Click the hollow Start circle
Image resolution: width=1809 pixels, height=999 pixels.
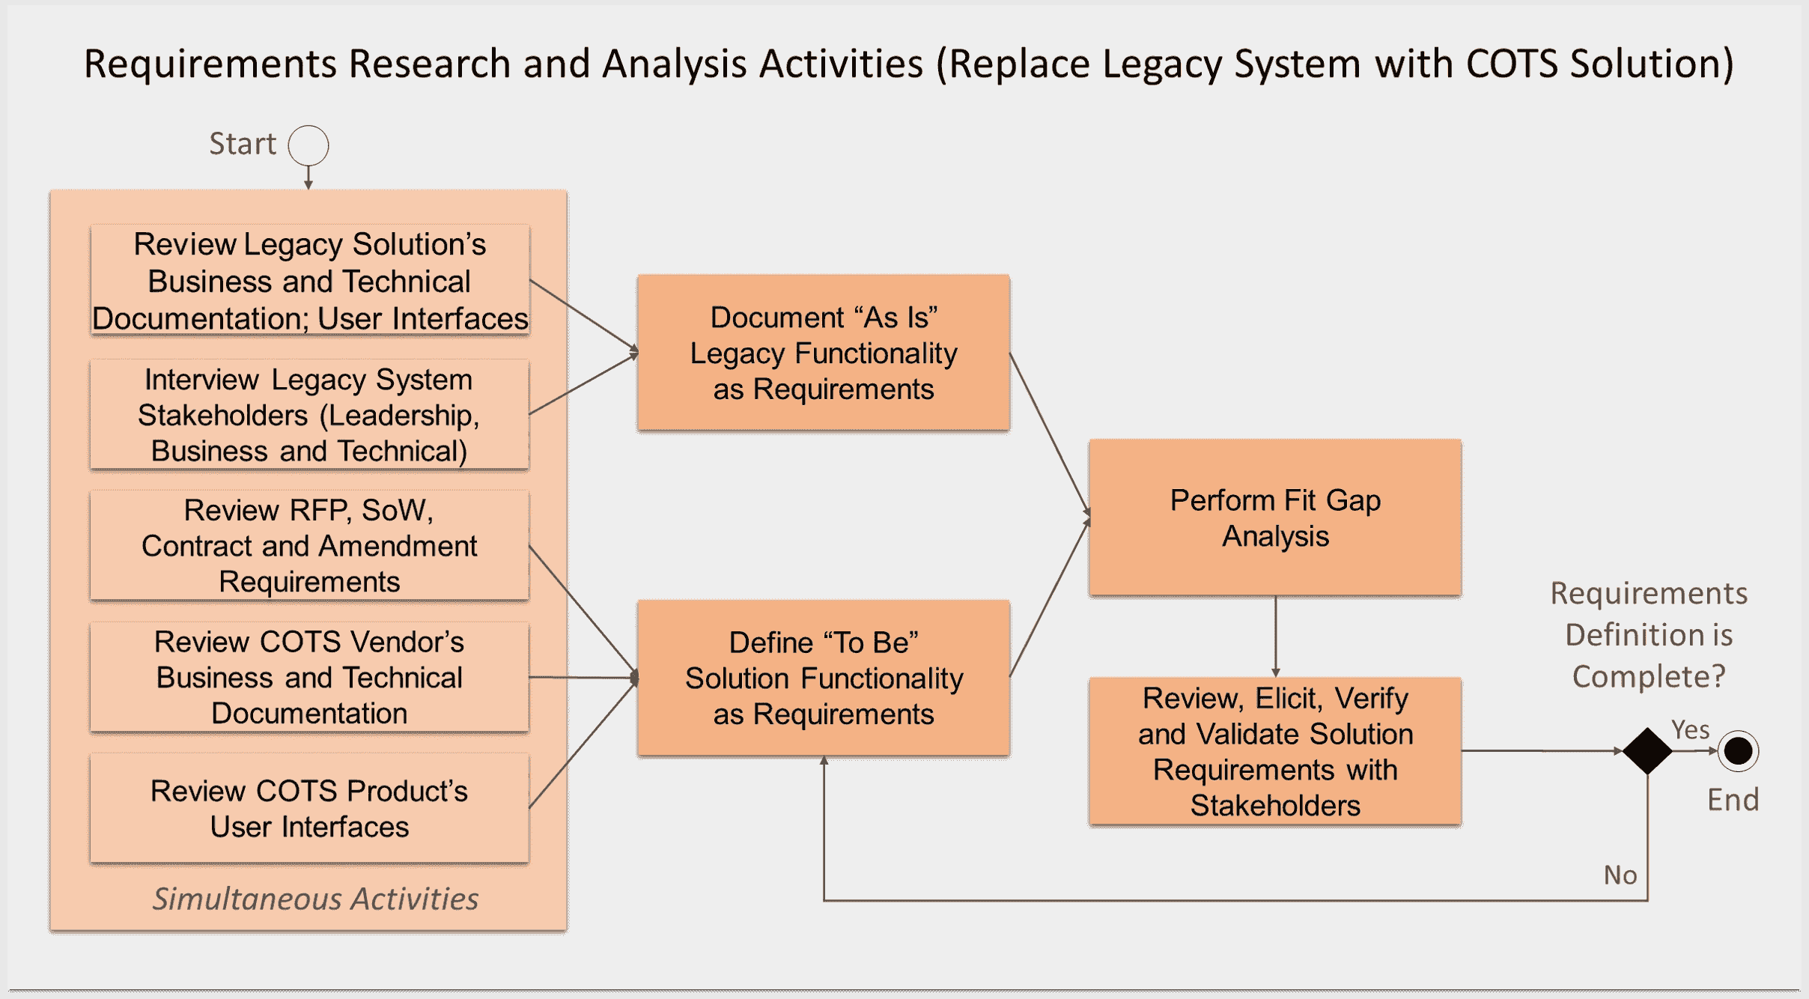click(x=308, y=145)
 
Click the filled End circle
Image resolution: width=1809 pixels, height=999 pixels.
click(x=1738, y=750)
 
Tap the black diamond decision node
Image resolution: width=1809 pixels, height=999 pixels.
click(x=1647, y=750)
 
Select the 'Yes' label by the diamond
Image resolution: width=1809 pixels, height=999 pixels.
click(x=1690, y=729)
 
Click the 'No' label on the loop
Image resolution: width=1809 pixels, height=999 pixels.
click(x=1620, y=875)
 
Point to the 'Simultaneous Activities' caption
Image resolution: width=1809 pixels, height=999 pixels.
click(x=315, y=899)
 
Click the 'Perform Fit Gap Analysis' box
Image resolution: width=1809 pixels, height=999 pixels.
click(x=1274, y=517)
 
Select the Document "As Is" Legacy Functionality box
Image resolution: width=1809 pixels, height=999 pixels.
click(x=823, y=353)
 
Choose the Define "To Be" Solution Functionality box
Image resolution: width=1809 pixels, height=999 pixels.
click(x=823, y=678)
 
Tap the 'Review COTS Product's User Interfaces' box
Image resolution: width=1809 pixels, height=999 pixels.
click(x=309, y=809)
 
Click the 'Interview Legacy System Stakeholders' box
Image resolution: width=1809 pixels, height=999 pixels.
click(x=309, y=415)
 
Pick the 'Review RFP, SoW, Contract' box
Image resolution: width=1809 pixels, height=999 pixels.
click(x=309, y=546)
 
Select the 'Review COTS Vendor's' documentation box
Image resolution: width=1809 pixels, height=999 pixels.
click(x=309, y=677)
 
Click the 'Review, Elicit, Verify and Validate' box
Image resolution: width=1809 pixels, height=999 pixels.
click(x=1274, y=751)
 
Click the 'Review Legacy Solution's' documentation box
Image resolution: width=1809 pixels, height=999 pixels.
click(x=309, y=281)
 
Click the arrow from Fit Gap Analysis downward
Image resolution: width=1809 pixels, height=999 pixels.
click(x=1275, y=637)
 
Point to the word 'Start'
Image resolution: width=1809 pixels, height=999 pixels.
click(x=242, y=144)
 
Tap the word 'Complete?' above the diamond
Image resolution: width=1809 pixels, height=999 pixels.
click(x=1648, y=676)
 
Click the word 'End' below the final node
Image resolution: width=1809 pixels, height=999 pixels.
click(x=1732, y=801)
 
